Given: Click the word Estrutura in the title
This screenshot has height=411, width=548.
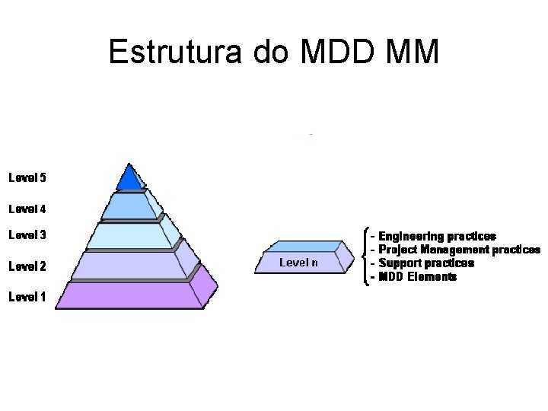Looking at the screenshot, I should tap(175, 52).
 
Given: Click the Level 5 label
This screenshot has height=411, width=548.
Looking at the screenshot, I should tap(27, 178).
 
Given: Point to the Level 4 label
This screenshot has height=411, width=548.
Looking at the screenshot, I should tap(27, 208).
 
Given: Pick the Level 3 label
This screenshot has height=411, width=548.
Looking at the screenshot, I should tap(27, 235).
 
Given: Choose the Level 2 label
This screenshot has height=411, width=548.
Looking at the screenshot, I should tap(27, 266).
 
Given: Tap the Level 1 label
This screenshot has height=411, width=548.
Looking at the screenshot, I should tap(27, 297).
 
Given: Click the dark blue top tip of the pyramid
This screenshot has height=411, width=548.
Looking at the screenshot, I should tap(129, 179).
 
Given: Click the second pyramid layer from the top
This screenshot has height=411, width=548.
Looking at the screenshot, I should tap(129, 205).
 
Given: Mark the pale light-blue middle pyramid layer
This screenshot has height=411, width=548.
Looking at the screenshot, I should tap(129, 236).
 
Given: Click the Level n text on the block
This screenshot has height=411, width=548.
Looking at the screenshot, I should tap(298, 263).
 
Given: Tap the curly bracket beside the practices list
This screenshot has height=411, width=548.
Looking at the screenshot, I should tap(367, 256).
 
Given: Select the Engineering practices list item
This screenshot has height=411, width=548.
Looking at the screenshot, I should tap(437, 237).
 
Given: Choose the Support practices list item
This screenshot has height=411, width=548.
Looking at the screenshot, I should tap(426, 263).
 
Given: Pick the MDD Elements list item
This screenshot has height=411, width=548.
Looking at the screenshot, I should tap(418, 277).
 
